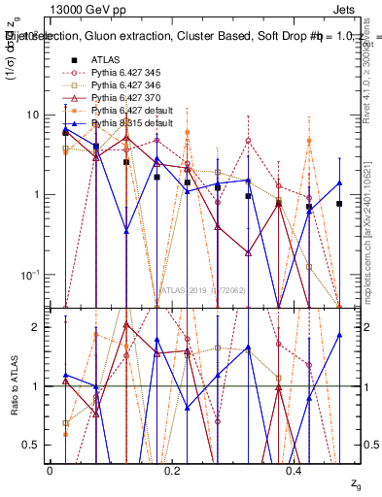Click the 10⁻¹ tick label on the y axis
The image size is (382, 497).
click(x=29, y=275)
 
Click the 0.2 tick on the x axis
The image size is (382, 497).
click(x=173, y=470)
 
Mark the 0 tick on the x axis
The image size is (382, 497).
click(x=50, y=470)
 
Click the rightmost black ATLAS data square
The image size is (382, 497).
click(x=339, y=204)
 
